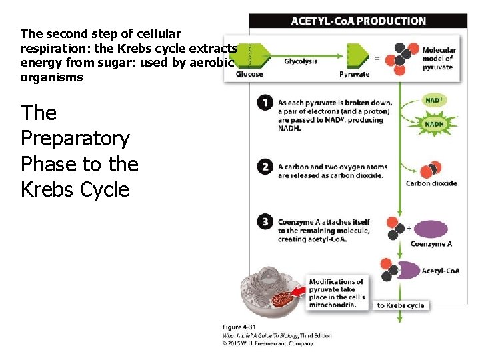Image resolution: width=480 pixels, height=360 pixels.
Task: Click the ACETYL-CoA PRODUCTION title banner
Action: point(358,21)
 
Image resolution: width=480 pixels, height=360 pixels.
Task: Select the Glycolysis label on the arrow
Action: point(301,61)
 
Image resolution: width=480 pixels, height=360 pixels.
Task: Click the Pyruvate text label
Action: point(354,74)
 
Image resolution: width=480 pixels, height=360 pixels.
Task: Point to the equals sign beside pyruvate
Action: point(377,58)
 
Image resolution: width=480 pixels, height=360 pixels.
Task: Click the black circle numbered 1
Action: point(265,103)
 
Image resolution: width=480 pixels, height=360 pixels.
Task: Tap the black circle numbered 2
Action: point(265,167)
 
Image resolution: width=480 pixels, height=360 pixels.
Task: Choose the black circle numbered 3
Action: point(265,222)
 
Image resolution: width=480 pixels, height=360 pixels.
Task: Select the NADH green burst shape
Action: point(434,124)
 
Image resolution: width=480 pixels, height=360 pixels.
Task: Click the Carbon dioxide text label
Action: point(431,183)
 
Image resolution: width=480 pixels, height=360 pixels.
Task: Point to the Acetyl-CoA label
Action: point(440,271)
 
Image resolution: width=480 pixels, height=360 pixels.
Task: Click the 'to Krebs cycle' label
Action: point(400,305)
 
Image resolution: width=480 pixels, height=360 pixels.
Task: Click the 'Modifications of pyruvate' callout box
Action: point(337,293)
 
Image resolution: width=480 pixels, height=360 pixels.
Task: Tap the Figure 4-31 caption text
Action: point(238,327)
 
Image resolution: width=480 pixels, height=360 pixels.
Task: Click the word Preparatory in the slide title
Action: point(75,139)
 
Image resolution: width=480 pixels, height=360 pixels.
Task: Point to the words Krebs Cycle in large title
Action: point(75,189)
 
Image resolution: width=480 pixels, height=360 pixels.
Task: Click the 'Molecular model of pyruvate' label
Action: point(439,59)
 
